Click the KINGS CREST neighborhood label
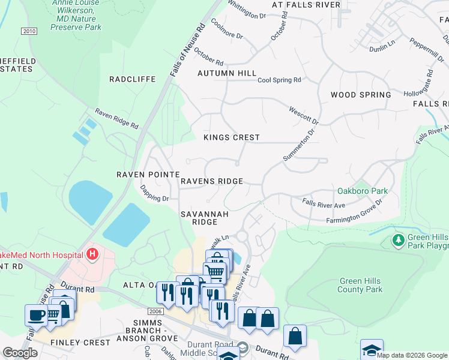click(231, 137)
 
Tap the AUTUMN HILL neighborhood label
click(227, 73)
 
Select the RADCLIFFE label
click(132, 79)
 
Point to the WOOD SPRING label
click(361, 95)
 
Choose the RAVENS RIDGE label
click(212, 181)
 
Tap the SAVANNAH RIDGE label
click(199, 218)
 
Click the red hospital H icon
click(92, 254)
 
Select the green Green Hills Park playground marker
click(397, 241)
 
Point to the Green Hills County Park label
click(361, 285)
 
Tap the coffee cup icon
click(37, 314)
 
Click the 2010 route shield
click(28, 31)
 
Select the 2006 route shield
click(155, 311)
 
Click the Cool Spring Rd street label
click(279, 80)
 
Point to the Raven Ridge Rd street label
click(116, 119)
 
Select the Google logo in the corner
click(20, 353)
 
